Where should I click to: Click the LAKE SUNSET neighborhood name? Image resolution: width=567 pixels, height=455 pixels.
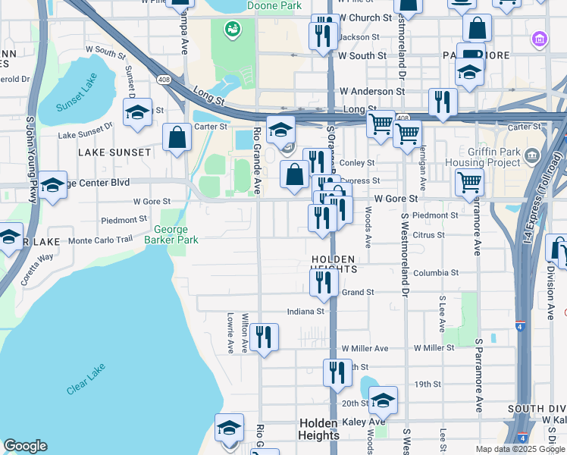click(114, 152)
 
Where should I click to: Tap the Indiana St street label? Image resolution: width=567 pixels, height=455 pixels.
click(305, 311)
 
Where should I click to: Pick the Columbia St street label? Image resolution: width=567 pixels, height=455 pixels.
click(436, 273)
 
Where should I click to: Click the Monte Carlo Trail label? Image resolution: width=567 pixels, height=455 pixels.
click(100, 240)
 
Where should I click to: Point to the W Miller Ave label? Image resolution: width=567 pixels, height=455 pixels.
click(364, 348)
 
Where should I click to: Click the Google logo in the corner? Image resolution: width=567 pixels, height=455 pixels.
click(25, 446)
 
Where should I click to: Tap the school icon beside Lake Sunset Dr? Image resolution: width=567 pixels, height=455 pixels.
click(137, 112)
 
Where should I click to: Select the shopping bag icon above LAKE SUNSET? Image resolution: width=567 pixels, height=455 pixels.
click(177, 138)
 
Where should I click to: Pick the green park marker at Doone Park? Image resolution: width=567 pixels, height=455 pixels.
click(231, 30)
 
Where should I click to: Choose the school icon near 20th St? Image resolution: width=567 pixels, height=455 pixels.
click(384, 401)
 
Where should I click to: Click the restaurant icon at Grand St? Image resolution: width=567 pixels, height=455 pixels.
click(324, 282)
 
